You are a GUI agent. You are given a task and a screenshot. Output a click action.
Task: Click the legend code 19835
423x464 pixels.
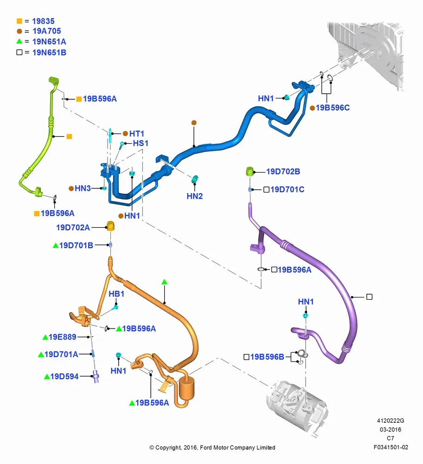(x=43, y=21)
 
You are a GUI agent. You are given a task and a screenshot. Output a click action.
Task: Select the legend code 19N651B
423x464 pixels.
(x=49, y=53)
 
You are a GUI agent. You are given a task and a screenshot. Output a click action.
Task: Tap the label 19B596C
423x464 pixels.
(x=333, y=108)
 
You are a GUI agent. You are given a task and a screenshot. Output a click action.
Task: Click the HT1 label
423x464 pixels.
(x=136, y=134)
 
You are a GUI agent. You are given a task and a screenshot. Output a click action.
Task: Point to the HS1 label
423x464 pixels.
(x=141, y=143)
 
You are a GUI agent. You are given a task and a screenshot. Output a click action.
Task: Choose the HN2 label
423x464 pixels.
(x=195, y=196)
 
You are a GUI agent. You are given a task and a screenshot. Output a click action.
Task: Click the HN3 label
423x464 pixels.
(x=83, y=188)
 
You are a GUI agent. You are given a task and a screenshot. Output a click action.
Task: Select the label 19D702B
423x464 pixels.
(x=283, y=172)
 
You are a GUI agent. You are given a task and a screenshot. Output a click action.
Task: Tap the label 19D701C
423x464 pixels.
(x=287, y=189)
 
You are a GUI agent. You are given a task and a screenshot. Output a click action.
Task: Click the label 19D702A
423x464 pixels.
(x=73, y=227)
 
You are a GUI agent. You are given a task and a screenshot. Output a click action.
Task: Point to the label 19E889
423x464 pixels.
(x=63, y=337)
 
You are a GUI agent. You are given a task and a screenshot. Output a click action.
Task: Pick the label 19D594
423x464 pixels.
(x=64, y=376)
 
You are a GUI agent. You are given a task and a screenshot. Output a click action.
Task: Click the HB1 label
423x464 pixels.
(x=116, y=294)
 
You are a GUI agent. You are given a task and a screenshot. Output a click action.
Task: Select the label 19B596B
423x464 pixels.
(x=267, y=357)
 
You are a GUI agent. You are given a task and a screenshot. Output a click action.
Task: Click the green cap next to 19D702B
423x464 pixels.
(x=250, y=171)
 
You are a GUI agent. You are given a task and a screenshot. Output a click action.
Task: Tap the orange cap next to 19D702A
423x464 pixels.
(x=110, y=226)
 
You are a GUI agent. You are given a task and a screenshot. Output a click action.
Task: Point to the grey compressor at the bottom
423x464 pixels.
(x=296, y=407)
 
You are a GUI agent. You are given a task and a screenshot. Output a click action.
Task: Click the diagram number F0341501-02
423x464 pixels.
(x=391, y=447)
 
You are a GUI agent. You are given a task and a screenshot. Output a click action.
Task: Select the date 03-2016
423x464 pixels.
(x=391, y=429)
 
